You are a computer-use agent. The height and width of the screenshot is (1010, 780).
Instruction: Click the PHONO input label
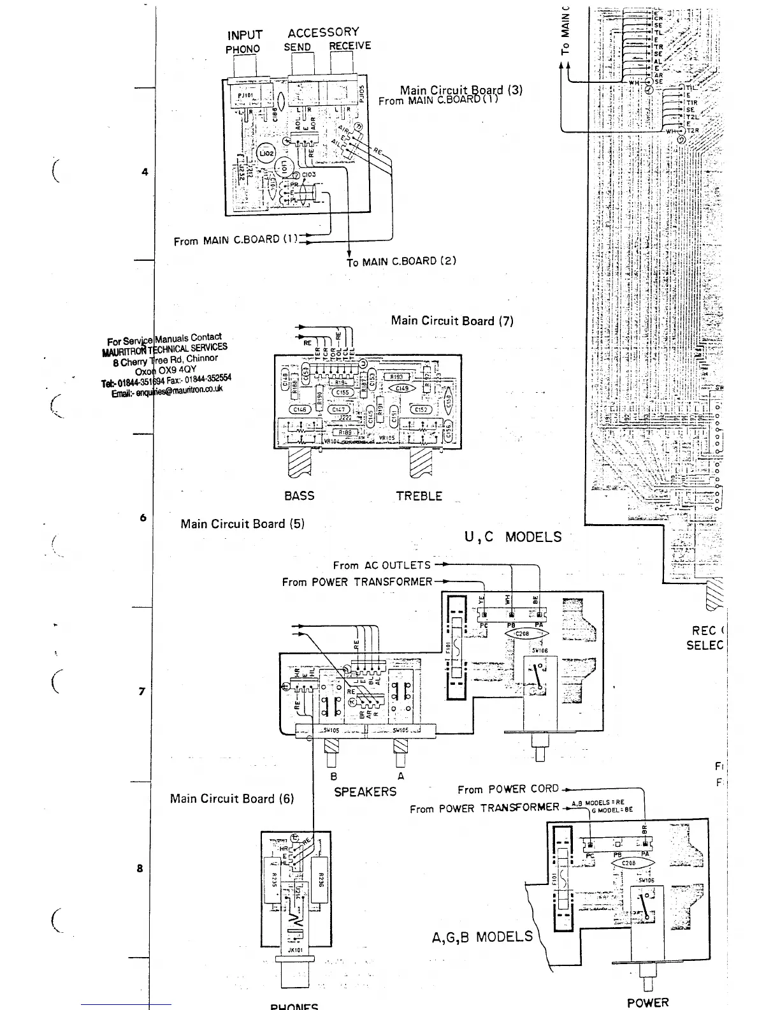coord(243,49)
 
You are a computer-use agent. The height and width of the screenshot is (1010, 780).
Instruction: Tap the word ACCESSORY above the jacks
coord(323,33)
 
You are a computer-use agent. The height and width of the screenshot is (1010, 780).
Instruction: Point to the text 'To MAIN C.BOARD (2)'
coord(401,261)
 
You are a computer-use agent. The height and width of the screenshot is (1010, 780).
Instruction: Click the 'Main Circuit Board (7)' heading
coord(452,321)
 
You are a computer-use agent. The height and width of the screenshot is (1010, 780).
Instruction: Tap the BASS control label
coord(299,495)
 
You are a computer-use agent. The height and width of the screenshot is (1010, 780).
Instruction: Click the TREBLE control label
coord(419,495)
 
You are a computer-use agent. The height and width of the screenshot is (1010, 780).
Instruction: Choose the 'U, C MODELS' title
coord(513,537)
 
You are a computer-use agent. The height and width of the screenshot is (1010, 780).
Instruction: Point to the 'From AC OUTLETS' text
coord(382,566)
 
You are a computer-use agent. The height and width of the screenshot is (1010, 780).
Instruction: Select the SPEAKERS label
coord(365,792)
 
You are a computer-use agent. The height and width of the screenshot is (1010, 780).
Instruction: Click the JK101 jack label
coord(294,949)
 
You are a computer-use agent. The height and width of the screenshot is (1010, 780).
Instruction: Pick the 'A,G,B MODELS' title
coord(482,937)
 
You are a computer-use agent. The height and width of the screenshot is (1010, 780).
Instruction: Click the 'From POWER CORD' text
coord(508,789)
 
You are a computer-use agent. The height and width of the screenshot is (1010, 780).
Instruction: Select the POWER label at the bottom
coord(648,1002)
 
